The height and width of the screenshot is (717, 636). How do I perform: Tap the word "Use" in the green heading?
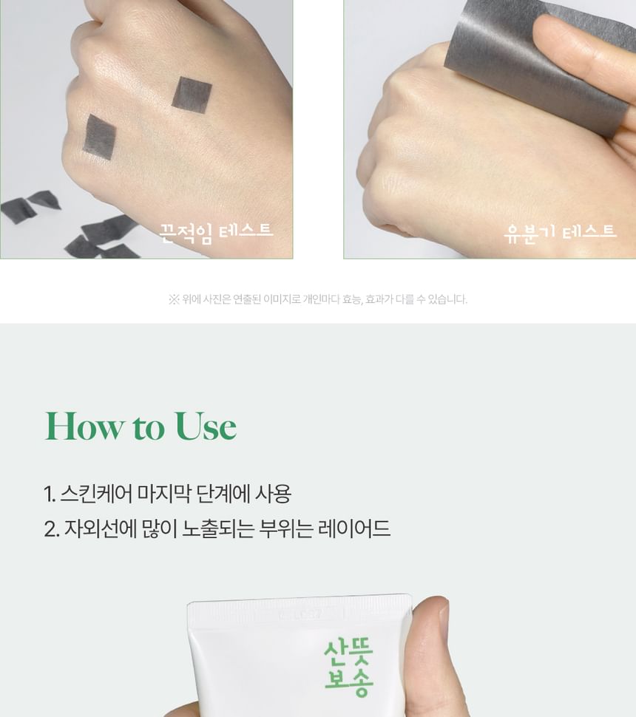tap(206, 426)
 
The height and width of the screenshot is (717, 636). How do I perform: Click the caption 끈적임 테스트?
tap(216, 233)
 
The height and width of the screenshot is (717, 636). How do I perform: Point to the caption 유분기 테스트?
tap(560, 233)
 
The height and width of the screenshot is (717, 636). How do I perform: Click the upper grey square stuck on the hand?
tap(192, 95)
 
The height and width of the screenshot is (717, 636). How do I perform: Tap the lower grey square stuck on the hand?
tap(99, 137)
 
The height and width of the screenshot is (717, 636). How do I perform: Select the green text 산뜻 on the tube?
tap(348, 653)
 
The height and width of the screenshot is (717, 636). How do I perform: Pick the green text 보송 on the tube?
tap(348, 683)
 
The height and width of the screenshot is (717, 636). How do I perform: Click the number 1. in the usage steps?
tap(50, 494)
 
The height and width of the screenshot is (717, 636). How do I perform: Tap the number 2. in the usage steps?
tap(51, 529)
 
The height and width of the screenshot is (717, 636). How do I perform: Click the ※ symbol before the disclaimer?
tap(173, 299)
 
